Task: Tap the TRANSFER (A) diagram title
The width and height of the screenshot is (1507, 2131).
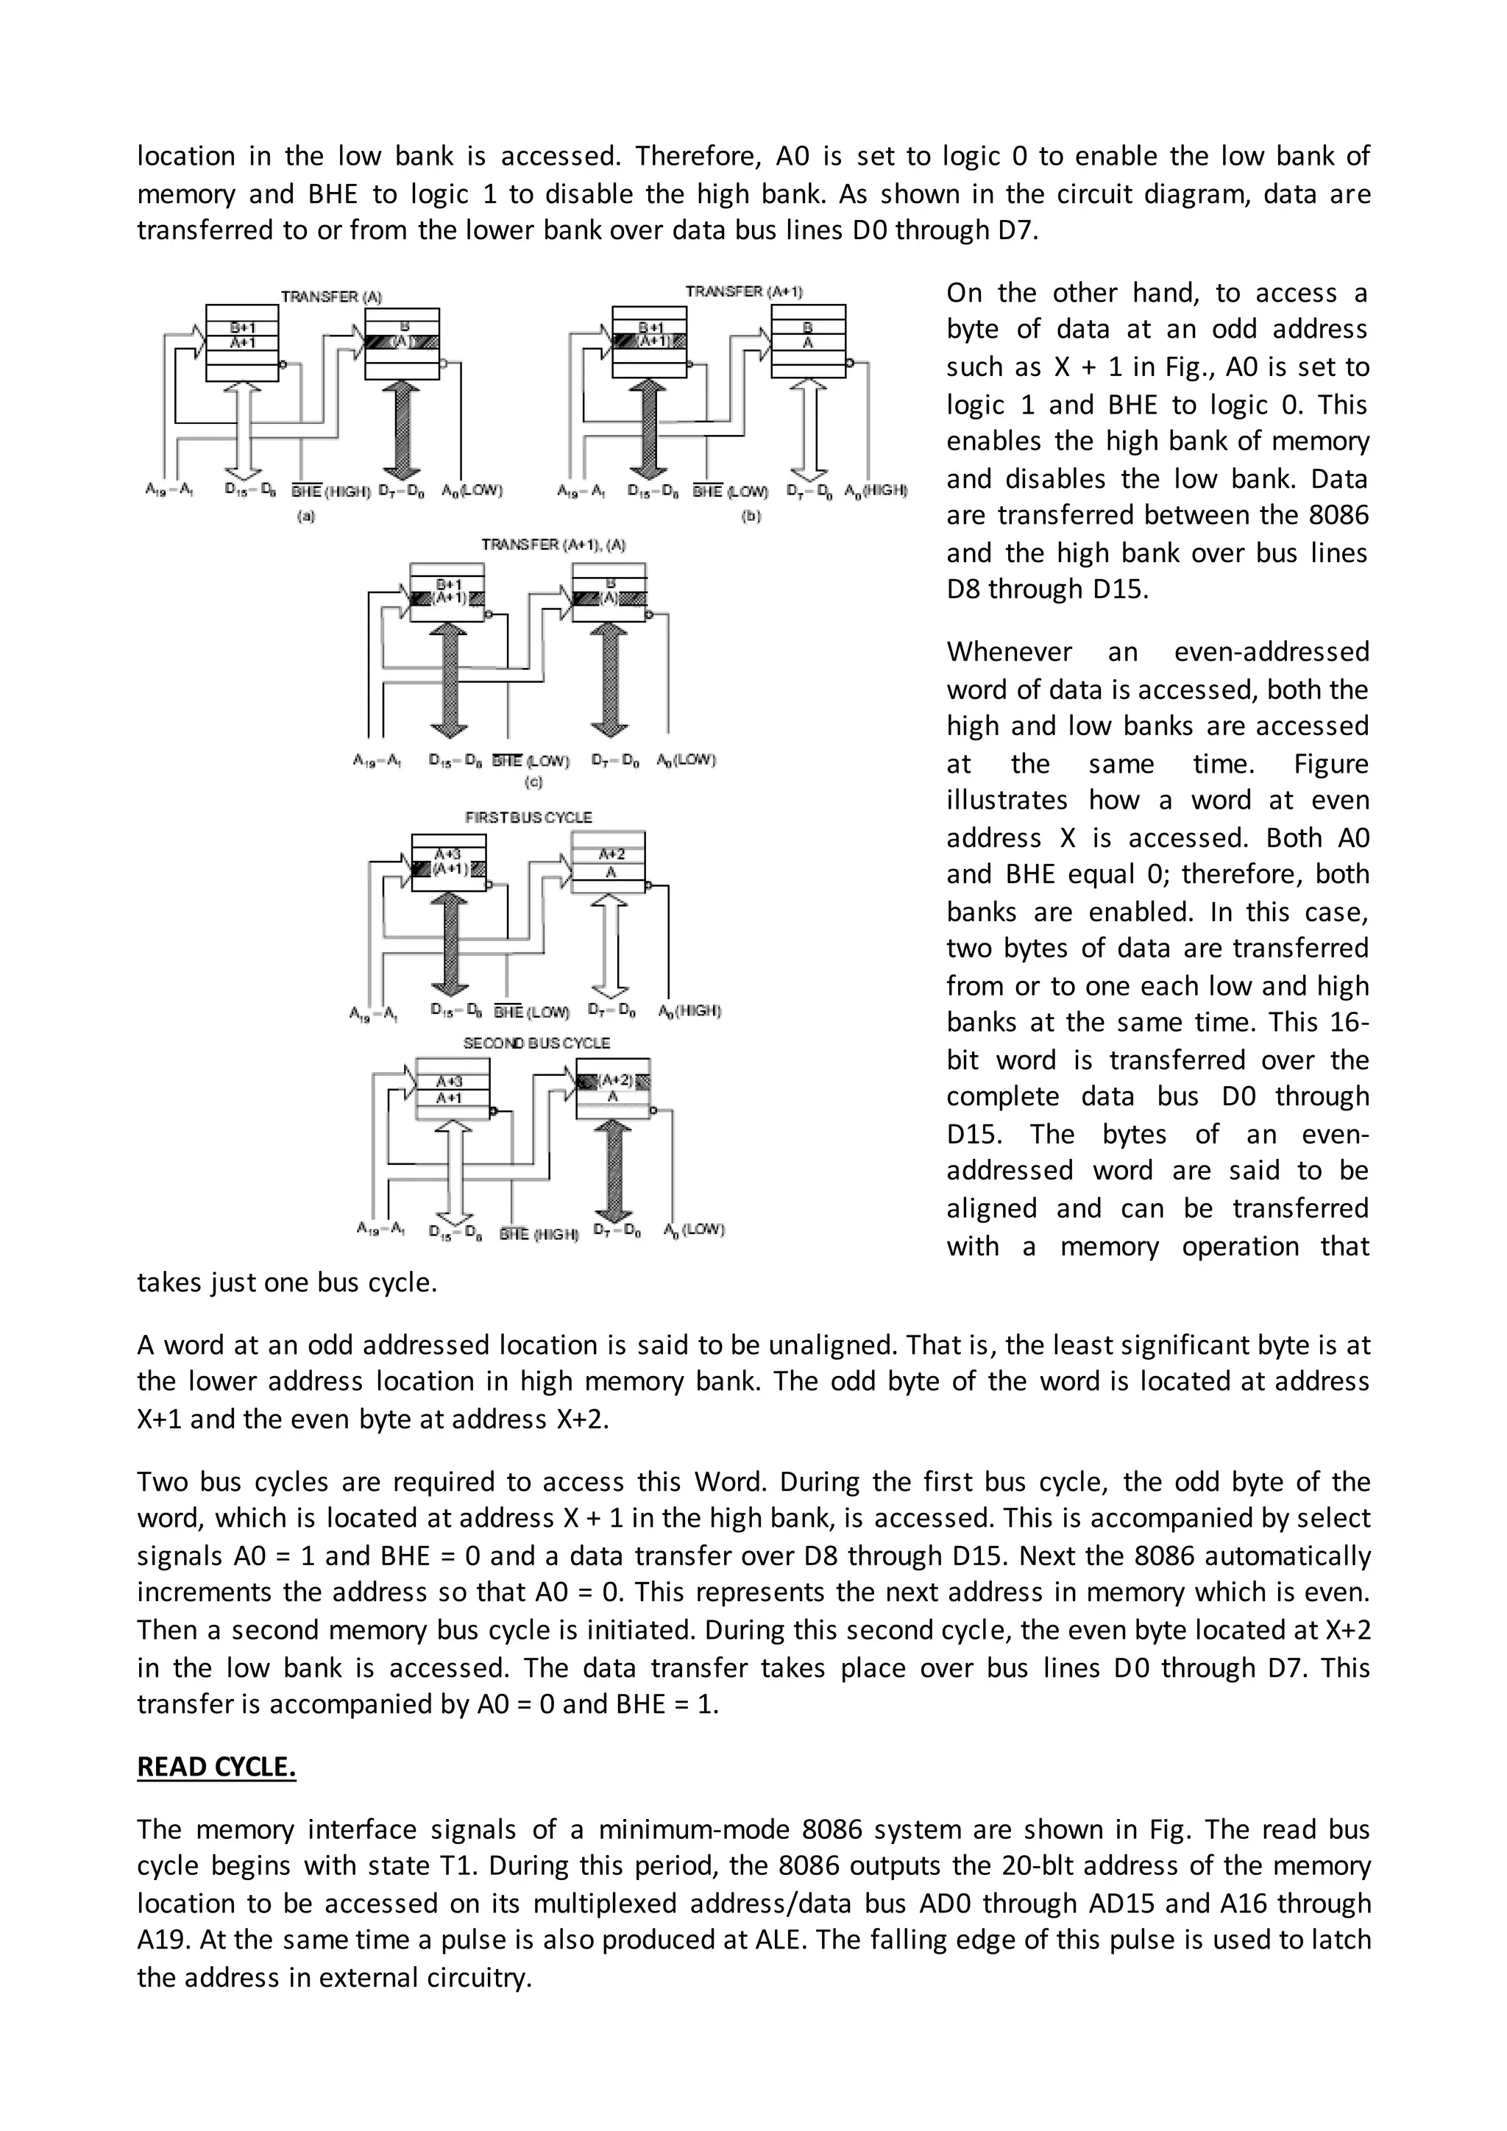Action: [331, 297]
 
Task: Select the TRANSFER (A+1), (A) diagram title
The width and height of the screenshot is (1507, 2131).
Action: [546, 545]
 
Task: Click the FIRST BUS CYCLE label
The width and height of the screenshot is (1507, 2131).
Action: [528, 818]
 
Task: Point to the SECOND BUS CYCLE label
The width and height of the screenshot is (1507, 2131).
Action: [536, 1043]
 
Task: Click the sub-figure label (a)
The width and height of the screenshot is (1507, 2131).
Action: [306, 516]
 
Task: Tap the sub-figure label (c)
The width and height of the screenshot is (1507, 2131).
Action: [533, 782]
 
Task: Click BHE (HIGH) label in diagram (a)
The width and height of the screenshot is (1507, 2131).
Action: [330, 491]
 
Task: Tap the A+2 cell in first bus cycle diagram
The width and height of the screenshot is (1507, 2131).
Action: [611, 854]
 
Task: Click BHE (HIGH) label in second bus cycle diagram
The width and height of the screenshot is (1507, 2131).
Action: [538, 1235]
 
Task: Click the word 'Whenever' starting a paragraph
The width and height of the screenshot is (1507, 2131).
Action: [1009, 651]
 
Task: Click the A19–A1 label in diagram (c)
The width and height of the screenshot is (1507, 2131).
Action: [376, 760]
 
